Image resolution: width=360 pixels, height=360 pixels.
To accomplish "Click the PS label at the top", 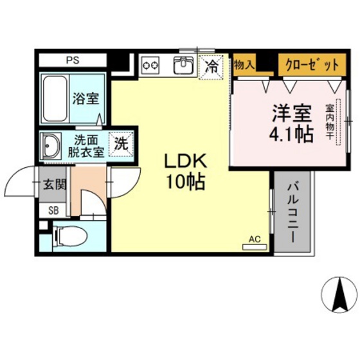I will point(72,60).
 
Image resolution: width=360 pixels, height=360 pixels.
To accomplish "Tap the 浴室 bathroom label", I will point(85,100).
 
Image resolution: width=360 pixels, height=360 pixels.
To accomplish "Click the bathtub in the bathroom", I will point(55,100).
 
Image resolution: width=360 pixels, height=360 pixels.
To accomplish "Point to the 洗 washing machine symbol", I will point(120,144).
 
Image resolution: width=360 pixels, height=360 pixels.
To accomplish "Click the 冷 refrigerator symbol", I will point(211,65).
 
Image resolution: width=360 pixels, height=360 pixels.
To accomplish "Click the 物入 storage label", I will point(244,64).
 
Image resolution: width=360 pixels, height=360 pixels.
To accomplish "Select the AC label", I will point(255,239).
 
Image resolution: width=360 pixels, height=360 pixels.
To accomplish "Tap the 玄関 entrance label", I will point(54,184).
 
